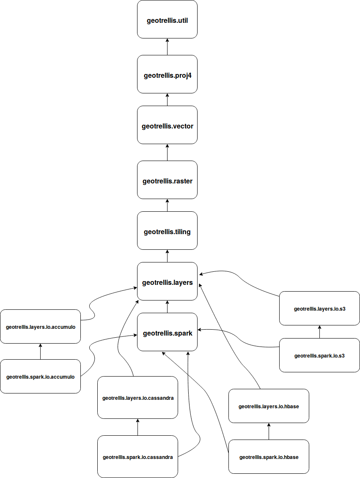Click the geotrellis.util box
pyautogui.click(x=167, y=19)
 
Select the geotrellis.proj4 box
pyautogui.click(x=167, y=74)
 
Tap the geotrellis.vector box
pyautogui.click(x=167, y=125)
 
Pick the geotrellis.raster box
pyautogui.click(x=167, y=180)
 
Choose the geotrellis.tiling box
pyautogui.click(x=167, y=231)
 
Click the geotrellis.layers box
pyautogui.click(x=167, y=281)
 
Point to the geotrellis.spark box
pyautogui.click(x=167, y=332)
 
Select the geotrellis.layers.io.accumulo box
pyautogui.click(x=40, y=326)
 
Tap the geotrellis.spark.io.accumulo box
pyautogui.click(x=40, y=376)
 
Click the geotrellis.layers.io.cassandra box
pyautogui.click(x=137, y=397)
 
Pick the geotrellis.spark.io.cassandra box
pyautogui.click(x=137, y=456)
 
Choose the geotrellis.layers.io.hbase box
pyautogui.click(x=269, y=406)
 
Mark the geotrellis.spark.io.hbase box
pyautogui.click(x=269, y=456)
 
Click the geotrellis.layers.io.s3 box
pyautogui.click(x=319, y=308)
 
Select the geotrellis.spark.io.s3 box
pyautogui.click(x=319, y=355)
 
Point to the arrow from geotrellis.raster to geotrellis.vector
pyautogui.click(x=167, y=152)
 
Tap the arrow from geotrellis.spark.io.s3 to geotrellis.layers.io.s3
pyautogui.click(x=319, y=332)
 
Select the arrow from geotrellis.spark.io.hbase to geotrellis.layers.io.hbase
pyautogui.click(x=269, y=431)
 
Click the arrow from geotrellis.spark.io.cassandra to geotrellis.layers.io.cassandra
pyautogui.click(x=137, y=427)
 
